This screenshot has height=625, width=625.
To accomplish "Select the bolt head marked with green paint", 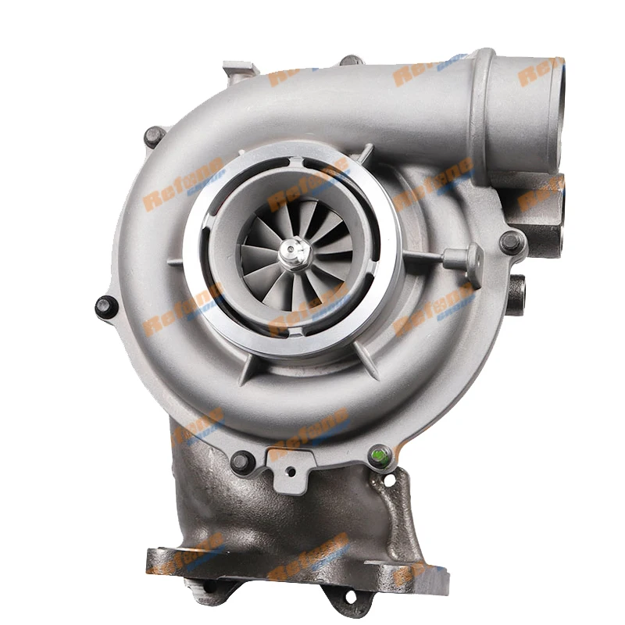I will [380, 455].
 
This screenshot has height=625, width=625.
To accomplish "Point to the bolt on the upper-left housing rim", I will [155, 137].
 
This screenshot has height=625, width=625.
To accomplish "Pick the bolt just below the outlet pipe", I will [512, 242].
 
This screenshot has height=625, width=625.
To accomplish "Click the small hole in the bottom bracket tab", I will [291, 472].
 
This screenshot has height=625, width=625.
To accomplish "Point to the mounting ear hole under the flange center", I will [349, 598].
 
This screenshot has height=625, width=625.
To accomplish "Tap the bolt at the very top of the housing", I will [351, 61].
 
